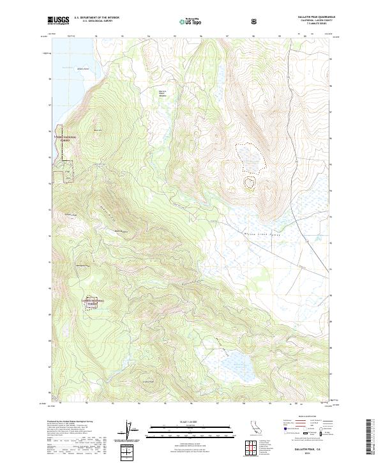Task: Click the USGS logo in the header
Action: click(58, 20)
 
